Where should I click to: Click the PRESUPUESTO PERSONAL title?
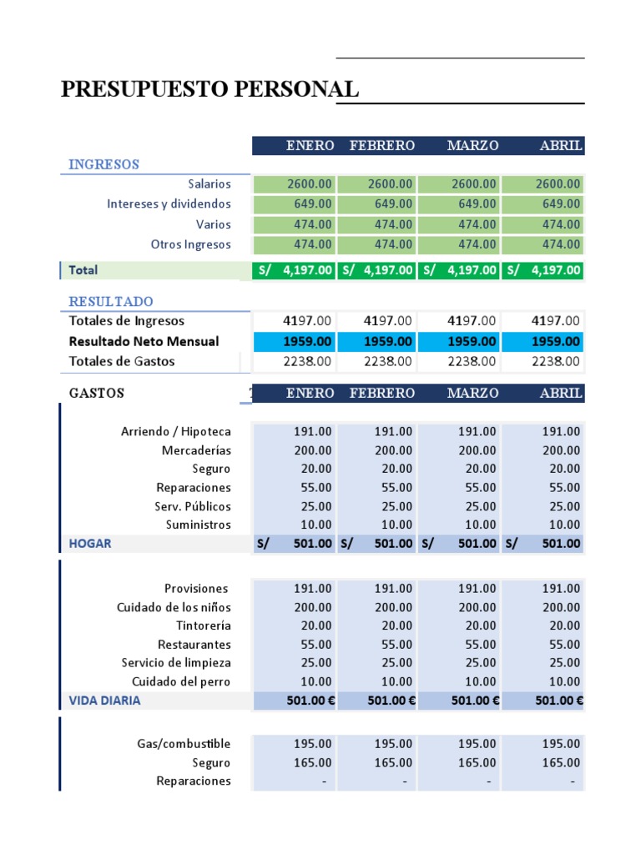[210, 88]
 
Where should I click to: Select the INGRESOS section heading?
[103, 164]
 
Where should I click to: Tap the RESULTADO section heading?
[111, 301]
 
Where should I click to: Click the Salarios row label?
[209, 184]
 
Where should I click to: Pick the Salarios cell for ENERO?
[293, 184]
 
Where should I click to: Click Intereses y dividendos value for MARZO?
[458, 204]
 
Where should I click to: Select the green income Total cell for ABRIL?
[543, 270]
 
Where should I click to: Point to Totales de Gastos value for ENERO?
[293, 362]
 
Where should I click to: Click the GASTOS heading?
[97, 393]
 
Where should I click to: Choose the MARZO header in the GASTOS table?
[472, 393]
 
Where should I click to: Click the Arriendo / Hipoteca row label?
[176, 432]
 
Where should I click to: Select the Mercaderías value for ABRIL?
[543, 450]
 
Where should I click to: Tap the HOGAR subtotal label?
[90, 544]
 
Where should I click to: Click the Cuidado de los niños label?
[174, 607]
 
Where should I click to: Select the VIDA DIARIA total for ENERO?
[293, 701]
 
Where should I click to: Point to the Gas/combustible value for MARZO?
[458, 744]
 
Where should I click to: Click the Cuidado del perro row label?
[181, 681]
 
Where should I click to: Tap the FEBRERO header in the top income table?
[381, 146]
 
